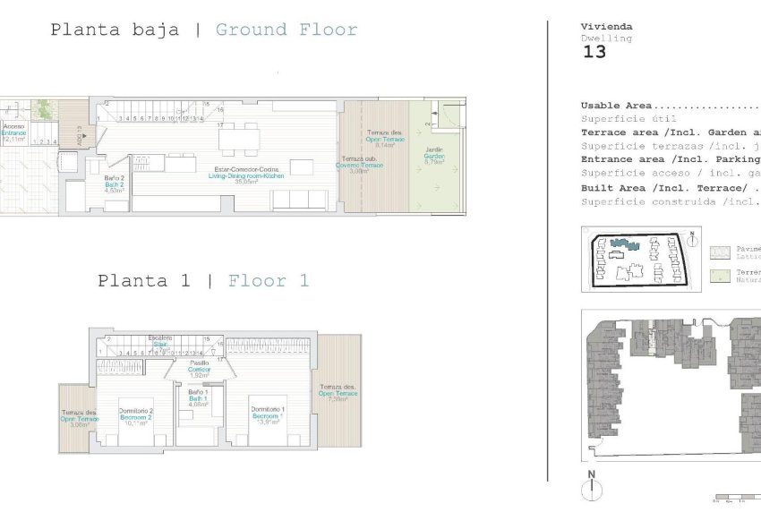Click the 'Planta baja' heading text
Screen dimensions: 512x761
(x=118, y=30)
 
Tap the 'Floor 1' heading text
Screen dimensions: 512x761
(x=269, y=281)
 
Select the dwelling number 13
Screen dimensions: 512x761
(x=594, y=52)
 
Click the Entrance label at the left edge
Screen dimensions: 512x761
(x=13, y=132)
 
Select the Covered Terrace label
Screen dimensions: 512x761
(x=359, y=165)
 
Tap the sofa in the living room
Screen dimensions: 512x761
(x=299, y=200)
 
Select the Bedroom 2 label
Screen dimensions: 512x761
(x=136, y=416)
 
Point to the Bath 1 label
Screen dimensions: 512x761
(x=198, y=398)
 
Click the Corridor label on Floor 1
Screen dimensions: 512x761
(x=199, y=369)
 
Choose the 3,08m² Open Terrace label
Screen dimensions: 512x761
(x=79, y=418)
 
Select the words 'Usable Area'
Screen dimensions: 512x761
(x=616, y=106)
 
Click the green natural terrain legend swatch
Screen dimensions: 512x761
(x=716, y=276)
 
